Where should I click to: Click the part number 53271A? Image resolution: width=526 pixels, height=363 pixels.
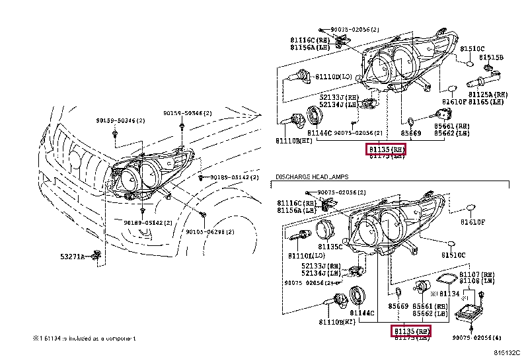pyautogui.click(x=73, y=256)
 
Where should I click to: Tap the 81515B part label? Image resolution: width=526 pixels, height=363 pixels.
pyautogui.click(x=491, y=58)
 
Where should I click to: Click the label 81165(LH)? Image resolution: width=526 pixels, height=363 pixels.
pyautogui.click(x=489, y=102)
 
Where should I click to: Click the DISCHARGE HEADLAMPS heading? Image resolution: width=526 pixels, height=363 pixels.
pyautogui.click(x=311, y=177)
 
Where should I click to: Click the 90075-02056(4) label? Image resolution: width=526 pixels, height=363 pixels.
pyautogui.click(x=481, y=337)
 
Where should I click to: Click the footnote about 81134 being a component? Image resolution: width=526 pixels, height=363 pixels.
pyautogui.click(x=84, y=338)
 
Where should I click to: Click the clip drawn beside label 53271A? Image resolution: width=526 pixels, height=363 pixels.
pyautogui.click(x=97, y=255)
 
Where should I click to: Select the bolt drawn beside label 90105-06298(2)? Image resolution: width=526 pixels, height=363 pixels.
pyautogui.click(x=202, y=216)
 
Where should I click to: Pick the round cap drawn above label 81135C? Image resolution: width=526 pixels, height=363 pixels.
pyautogui.click(x=324, y=231)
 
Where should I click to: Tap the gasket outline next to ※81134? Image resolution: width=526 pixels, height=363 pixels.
pyautogui.click(x=447, y=279)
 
